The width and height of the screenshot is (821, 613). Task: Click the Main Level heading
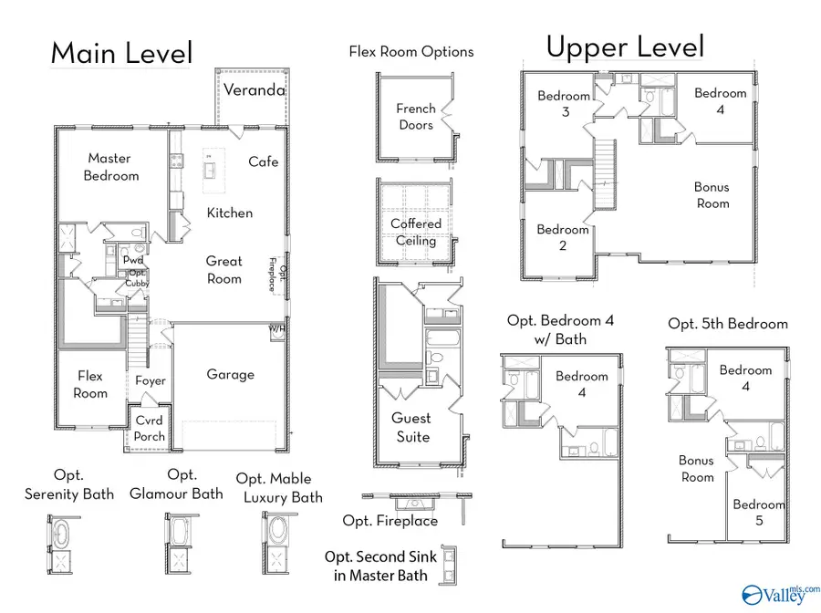point(120,53)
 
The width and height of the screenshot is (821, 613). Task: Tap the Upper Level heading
point(625,47)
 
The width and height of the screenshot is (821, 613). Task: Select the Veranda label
point(255,90)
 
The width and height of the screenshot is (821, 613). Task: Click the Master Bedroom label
point(110,167)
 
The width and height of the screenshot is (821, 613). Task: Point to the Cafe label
point(264,161)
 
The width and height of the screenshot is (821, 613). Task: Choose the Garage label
point(230,374)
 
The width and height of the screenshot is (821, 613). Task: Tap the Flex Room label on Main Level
point(90,384)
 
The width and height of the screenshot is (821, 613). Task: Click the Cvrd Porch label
point(150,429)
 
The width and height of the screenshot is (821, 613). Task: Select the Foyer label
point(151,381)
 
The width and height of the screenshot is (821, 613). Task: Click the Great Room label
point(223,270)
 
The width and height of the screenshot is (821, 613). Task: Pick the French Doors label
point(415,117)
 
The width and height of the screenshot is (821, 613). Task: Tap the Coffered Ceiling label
point(416,232)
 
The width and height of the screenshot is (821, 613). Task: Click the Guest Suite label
point(411,427)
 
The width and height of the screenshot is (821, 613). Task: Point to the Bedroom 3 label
point(564,104)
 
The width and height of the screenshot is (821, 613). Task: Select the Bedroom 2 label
point(563,237)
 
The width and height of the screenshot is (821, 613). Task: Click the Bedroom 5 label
point(758,513)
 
